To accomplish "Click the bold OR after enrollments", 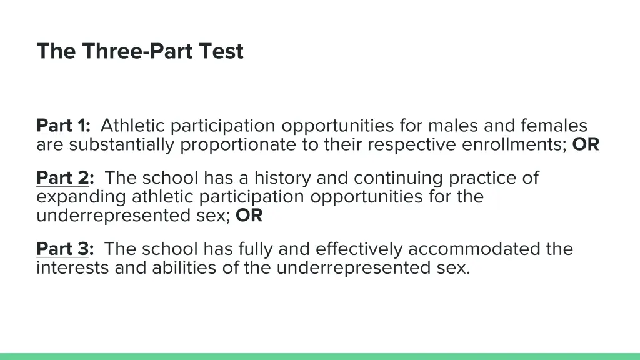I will pos(586,145).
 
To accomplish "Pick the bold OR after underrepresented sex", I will pos(249,216).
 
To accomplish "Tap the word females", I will pos(553,126).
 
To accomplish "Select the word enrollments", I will pos(514,145).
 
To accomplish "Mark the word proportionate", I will pos(248,145).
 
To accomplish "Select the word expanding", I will pos(82,197).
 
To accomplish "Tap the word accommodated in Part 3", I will pos(474,249).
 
